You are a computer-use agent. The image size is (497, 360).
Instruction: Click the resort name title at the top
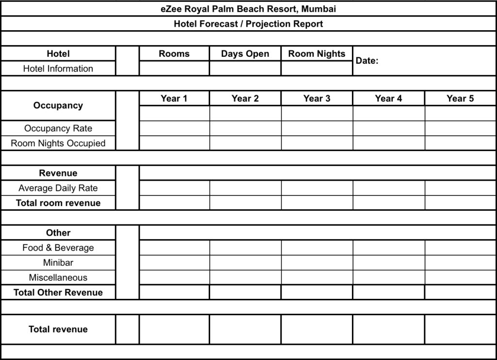[248, 9]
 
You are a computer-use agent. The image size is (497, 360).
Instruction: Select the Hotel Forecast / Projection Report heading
[248, 24]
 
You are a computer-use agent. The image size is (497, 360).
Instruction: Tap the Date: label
[367, 61]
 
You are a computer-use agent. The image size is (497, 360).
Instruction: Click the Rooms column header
[174, 54]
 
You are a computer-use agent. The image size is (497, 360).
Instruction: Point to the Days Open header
[245, 54]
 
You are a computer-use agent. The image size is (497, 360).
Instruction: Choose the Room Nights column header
[316, 54]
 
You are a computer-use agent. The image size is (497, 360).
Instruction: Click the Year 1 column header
[174, 99]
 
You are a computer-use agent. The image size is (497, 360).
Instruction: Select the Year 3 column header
[316, 99]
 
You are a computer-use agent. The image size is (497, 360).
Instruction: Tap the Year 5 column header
[460, 99]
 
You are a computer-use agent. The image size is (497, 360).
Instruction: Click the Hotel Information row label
[58, 69]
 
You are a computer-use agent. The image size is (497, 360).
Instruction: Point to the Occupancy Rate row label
[58, 128]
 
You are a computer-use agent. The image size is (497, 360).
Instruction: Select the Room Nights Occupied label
[58, 143]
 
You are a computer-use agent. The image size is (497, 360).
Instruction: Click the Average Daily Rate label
[58, 188]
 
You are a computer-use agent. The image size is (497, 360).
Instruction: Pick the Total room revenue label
[58, 203]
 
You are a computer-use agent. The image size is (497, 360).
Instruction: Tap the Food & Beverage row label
[58, 248]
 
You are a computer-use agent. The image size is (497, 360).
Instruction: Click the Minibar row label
[58, 263]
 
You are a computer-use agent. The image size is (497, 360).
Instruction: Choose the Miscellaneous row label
[58, 278]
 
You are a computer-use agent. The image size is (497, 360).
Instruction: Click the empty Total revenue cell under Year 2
[245, 329]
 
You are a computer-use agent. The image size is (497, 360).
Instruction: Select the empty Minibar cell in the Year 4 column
[388, 263]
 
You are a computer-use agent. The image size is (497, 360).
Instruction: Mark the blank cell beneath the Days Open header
[245, 69]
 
